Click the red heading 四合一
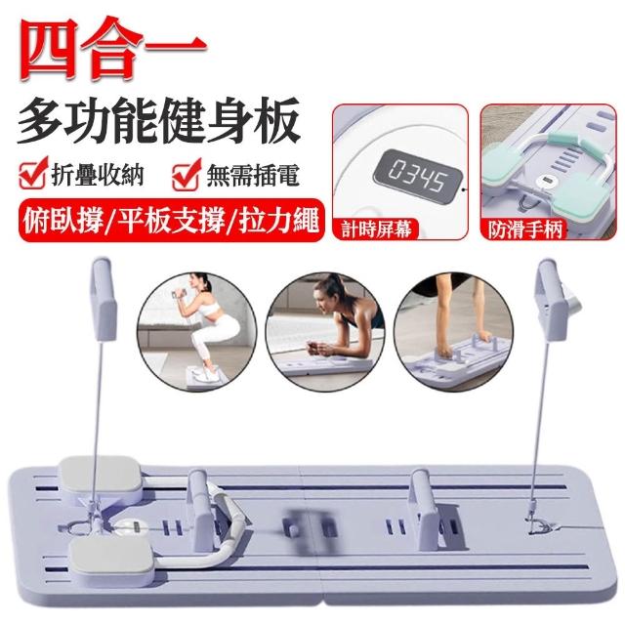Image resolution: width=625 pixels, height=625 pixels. (x=112, y=49)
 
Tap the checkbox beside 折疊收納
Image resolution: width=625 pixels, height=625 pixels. (x=33, y=173)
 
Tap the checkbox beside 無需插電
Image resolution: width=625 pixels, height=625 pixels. (x=187, y=174)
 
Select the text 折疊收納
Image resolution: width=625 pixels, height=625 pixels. (x=98, y=175)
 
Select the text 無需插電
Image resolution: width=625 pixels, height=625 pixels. (x=253, y=175)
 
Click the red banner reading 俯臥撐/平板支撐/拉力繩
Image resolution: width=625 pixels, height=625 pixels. (x=171, y=221)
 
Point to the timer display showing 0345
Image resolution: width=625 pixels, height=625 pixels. (x=417, y=176)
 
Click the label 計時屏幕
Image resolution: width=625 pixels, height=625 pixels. (x=375, y=229)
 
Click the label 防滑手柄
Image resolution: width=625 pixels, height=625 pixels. (x=525, y=229)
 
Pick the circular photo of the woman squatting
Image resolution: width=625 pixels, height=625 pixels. (x=197, y=332)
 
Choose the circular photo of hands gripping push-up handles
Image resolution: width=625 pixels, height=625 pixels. (x=453, y=332)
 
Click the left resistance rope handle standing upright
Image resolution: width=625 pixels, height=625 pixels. (x=103, y=299)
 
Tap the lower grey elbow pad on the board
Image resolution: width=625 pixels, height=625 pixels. (x=111, y=558)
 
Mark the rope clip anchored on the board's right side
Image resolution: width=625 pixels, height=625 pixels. (x=540, y=523)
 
